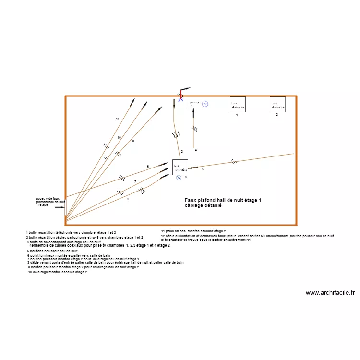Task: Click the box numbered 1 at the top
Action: pos(238,104)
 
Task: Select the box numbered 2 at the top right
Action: pos(277,104)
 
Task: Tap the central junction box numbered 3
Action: pos(180,167)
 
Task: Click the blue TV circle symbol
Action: pos(205,104)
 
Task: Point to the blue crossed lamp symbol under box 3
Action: pos(179,178)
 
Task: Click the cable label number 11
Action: pos(117,119)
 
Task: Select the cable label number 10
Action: pos(119,138)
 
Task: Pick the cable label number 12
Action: pos(181,152)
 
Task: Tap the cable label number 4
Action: pos(196,150)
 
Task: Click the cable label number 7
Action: pos(135,181)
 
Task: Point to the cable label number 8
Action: pos(127,199)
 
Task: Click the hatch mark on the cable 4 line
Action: pos(194,129)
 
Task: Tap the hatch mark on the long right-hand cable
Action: pos(233,161)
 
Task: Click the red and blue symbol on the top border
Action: pos(181,95)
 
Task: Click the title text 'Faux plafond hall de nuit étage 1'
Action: pos(223,200)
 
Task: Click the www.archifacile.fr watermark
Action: pos(330,293)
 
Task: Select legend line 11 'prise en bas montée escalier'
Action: pos(193,231)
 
